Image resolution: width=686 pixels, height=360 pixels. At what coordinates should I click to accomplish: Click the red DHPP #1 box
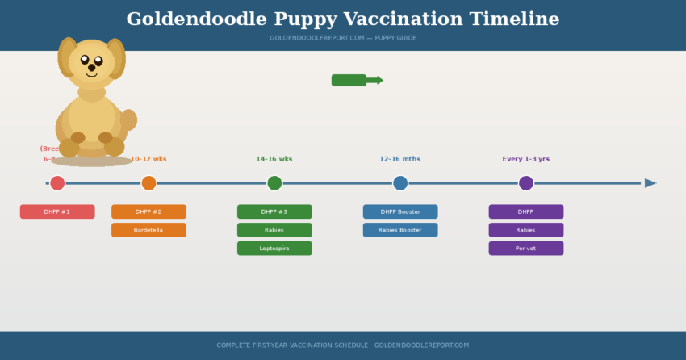[x=57, y=211]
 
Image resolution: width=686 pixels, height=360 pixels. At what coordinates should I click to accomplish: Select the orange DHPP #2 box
[x=148, y=211]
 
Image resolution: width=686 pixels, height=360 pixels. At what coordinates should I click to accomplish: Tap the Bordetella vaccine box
[x=148, y=230]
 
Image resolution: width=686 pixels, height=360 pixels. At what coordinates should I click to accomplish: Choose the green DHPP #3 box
[x=274, y=211]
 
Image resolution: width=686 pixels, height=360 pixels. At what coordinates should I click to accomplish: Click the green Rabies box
[x=274, y=230]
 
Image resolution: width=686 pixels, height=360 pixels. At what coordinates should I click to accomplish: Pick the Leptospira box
[x=274, y=249]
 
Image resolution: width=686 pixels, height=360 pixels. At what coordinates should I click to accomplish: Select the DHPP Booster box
[x=400, y=211]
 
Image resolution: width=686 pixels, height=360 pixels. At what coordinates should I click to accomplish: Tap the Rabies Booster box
[x=400, y=230]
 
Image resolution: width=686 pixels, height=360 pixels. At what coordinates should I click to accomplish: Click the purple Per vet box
[x=526, y=249]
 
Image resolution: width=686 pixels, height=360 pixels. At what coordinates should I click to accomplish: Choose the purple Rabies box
[x=526, y=230]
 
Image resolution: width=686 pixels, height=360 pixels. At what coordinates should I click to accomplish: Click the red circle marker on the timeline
[x=57, y=183]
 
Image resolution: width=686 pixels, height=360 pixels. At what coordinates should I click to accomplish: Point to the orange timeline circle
[x=148, y=183]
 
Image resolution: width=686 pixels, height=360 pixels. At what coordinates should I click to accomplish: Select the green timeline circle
[x=274, y=183]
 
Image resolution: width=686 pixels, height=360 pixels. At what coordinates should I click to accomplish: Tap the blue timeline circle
[x=400, y=183]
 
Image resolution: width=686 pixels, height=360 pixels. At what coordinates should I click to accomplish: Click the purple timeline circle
[x=526, y=183]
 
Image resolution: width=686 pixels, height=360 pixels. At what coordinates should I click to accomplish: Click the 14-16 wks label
[x=274, y=159]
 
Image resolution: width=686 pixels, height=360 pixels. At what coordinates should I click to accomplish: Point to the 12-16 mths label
[x=400, y=159]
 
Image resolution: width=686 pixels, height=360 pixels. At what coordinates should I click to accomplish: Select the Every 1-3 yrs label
[x=526, y=159]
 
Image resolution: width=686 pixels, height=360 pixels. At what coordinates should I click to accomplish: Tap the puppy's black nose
[x=91, y=68]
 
